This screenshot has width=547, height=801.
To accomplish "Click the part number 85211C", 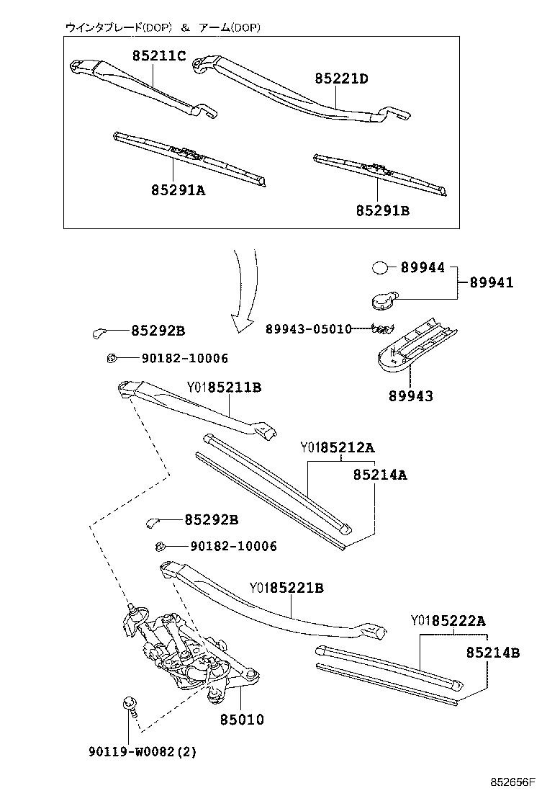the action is (x=159, y=55).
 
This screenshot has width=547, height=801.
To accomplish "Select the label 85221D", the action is (x=341, y=79).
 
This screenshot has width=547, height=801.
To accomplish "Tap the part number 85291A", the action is (x=178, y=190).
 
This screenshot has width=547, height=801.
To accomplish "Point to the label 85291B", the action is (x=383, y=210).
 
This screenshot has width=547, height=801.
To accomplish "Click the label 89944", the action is (x=422, y=267).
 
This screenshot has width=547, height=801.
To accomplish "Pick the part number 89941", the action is (x=492, y=282).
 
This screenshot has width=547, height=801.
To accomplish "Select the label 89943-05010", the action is (x=309, y=329).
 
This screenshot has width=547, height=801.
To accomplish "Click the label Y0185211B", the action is (x=224, y=388).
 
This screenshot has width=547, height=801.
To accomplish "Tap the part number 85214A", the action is (x=380, y=475).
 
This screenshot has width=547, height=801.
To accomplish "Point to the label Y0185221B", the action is (x=286, y=588).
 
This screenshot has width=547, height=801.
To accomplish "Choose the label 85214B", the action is (x=493, y=653).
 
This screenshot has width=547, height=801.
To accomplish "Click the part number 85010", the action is (x=243, y=720).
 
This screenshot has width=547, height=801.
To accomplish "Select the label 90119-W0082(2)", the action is (x=143, y=751).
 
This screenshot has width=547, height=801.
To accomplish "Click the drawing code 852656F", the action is (x=512, y=782).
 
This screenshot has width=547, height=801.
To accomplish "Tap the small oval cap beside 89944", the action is (x=380, y=267).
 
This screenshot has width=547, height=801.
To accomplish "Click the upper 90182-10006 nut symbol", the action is (x=112, y=358).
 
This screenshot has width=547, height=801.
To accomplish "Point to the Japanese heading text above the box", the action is (x=162, y=27).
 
